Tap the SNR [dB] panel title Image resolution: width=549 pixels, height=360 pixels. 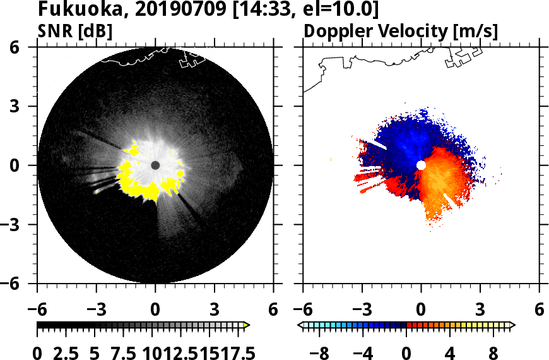coord(76,31)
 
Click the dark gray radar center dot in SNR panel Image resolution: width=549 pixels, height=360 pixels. coord(155,165)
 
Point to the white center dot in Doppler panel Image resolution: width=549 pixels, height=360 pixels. coord(421,165)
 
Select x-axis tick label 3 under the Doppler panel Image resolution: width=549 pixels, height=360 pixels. coord(480,310)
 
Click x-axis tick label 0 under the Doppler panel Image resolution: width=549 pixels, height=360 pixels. coord(421,310)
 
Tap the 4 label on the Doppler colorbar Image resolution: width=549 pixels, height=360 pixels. coord(450,353)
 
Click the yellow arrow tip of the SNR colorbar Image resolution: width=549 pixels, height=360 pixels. coord(247,325)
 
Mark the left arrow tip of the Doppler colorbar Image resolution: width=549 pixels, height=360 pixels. coord(300,325)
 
